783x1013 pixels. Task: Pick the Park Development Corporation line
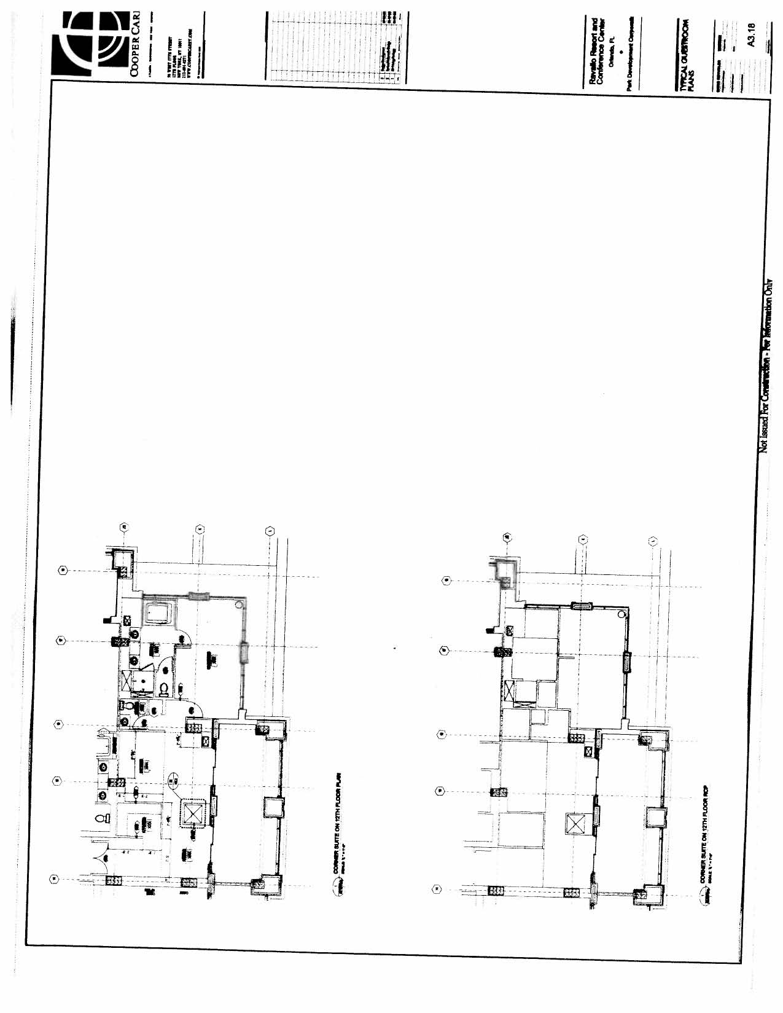click(x=631, y=52)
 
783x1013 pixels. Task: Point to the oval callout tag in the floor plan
click(x=173, y=780)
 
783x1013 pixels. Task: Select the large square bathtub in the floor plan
click(x=158, y=612)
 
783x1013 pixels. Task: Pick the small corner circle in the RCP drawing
click(x=621, y=613)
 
